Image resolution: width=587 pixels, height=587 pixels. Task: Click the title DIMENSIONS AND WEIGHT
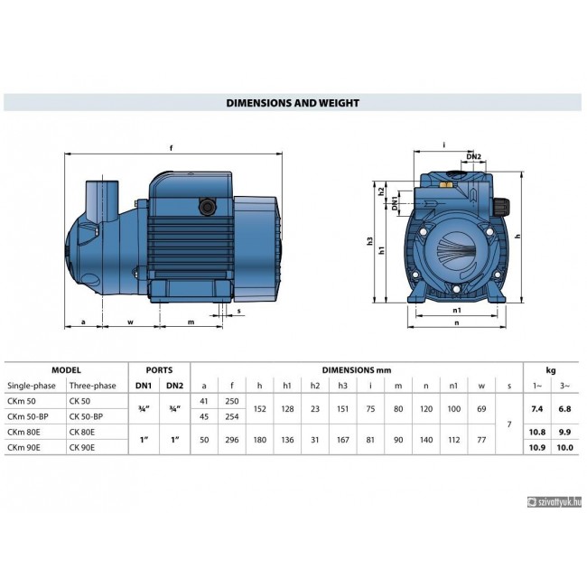tap(293, 103)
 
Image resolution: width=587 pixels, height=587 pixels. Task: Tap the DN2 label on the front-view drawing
tap(473, 156)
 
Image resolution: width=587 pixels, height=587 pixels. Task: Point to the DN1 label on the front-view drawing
tap(395, 203)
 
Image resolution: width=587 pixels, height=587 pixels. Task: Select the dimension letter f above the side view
tap(172, 148)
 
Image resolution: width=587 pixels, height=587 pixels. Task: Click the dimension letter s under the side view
tap(238, 311)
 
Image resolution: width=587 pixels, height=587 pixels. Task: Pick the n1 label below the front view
tap(457, 310)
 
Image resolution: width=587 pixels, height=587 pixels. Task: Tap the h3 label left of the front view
tap(370, 241)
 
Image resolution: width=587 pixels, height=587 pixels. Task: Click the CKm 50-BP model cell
tap(28, 416)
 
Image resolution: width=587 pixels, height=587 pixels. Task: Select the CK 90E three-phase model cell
tap(82, 447)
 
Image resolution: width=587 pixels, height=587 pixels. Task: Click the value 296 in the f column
tap(232, 440)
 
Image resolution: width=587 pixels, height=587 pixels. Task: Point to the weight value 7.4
tap(536, 409)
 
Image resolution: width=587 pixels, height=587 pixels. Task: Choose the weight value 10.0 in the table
tap(564, 447)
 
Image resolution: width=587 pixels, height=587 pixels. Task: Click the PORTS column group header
tap(159, 370)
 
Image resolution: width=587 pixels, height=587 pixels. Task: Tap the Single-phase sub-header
tap(32, 386)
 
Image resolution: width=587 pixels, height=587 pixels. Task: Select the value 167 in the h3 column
tap(342, 440)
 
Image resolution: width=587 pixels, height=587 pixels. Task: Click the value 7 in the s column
tap(509, 424)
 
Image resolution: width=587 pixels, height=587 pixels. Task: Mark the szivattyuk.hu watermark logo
tap(554, 502)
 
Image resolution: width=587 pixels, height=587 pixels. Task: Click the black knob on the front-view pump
tap(500, 207)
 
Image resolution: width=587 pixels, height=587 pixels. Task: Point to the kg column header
tap(551, 370)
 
